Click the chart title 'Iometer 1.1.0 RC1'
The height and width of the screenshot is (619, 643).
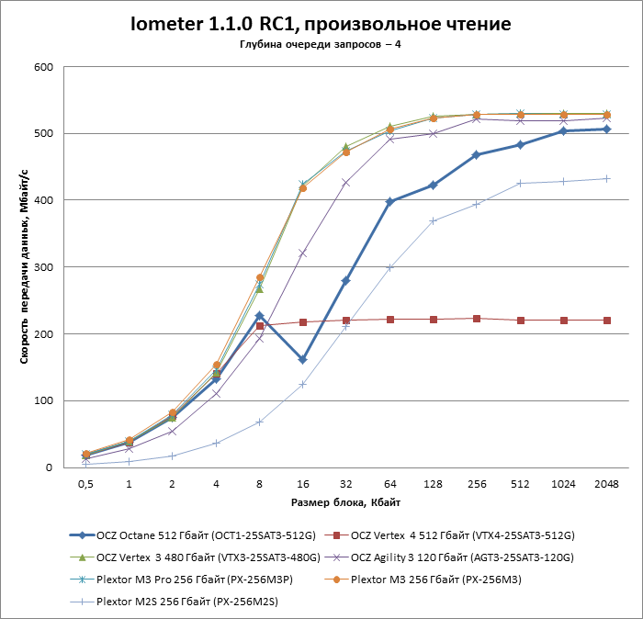321,23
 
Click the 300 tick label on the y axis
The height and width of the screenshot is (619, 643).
41,267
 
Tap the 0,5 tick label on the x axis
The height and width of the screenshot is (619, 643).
85,483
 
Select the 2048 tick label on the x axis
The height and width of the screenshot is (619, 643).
605,483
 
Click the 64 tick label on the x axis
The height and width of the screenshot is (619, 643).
389,483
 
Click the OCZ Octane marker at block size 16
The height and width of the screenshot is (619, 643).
302,359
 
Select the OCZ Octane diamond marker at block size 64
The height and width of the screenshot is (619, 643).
389,201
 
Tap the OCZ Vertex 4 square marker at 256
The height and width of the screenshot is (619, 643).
476,319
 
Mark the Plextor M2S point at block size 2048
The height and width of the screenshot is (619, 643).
606,178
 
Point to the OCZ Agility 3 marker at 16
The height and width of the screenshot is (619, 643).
302,253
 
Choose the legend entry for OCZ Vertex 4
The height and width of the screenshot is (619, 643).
464,535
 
